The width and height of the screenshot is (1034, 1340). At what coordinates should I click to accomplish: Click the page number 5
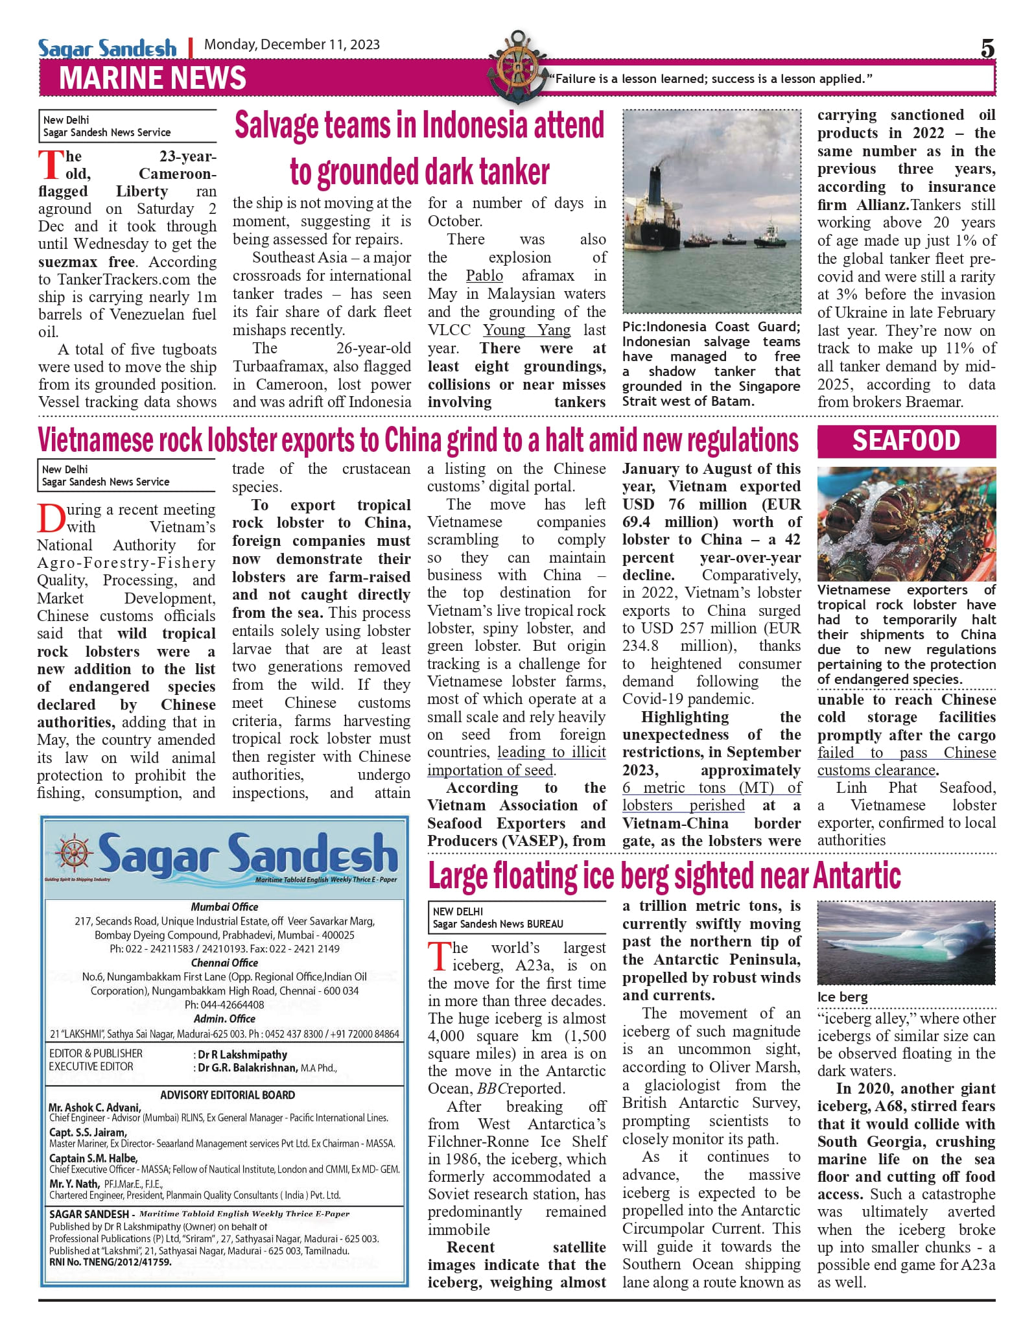coord(987,49)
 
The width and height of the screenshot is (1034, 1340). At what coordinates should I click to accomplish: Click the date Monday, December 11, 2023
coord(292,45)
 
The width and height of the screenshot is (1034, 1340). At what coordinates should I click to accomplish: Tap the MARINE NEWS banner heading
coord(152,78)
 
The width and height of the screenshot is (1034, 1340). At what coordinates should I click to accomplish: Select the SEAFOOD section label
coord(906,441)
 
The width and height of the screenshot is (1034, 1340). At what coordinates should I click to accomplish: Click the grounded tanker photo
coord(711,211)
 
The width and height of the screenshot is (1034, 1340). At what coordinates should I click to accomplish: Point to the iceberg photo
coord(906,943)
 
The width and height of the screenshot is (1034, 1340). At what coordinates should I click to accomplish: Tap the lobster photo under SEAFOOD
coord(906,524)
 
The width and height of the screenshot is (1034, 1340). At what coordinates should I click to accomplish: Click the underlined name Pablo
coord(484,276)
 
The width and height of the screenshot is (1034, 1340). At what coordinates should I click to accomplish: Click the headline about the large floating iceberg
coord(664,876)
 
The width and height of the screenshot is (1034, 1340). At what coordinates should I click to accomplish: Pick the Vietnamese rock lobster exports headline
coord(418,441)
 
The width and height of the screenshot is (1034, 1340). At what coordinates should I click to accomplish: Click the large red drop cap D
coord(50,517)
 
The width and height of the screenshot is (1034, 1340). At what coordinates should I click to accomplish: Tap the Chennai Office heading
coord(224,963)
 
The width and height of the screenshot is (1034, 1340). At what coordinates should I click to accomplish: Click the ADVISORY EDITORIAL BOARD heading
coord(228,1095)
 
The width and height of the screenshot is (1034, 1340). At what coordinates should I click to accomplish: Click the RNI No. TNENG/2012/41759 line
coord(110,1262)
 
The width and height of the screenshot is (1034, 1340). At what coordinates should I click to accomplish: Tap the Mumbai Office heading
coord(224,907)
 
